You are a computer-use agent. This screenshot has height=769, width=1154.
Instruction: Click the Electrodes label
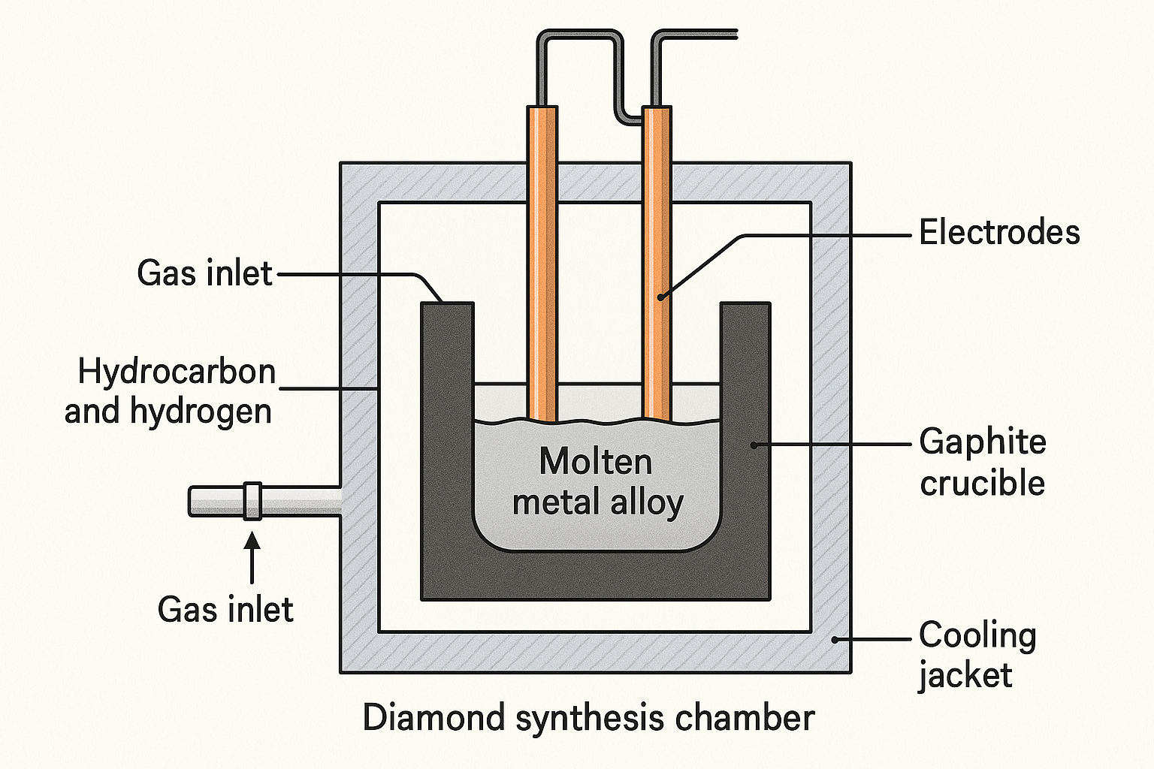pos(999,232)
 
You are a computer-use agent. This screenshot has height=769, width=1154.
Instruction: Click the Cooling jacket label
pos(977,655)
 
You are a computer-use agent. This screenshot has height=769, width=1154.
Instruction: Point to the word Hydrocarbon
pos(177,372)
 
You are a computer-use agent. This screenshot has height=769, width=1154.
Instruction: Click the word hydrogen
pos(201,412)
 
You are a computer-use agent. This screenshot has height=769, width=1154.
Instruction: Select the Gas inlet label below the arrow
pos(225,610)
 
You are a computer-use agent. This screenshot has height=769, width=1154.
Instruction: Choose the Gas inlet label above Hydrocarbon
pos(204,273)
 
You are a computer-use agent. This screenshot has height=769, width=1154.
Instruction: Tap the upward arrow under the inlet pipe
pos(252,558)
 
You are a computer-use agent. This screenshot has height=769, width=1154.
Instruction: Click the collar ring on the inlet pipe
pos(252,501)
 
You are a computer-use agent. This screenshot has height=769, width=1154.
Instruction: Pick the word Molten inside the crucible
pos(596,462)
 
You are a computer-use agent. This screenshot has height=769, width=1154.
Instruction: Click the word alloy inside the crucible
pos(647,502)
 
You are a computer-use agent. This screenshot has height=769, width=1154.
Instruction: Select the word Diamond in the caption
pos(434,717)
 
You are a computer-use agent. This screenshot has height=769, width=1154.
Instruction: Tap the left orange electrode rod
pos(542,264)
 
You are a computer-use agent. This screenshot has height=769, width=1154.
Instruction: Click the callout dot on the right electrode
pos(660,297)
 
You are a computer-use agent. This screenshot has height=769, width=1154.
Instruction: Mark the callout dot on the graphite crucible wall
pos(754,445)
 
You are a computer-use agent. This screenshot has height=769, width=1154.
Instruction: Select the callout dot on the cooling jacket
pos(835,640)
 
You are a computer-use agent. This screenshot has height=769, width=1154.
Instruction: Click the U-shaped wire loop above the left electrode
pos(579,33)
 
